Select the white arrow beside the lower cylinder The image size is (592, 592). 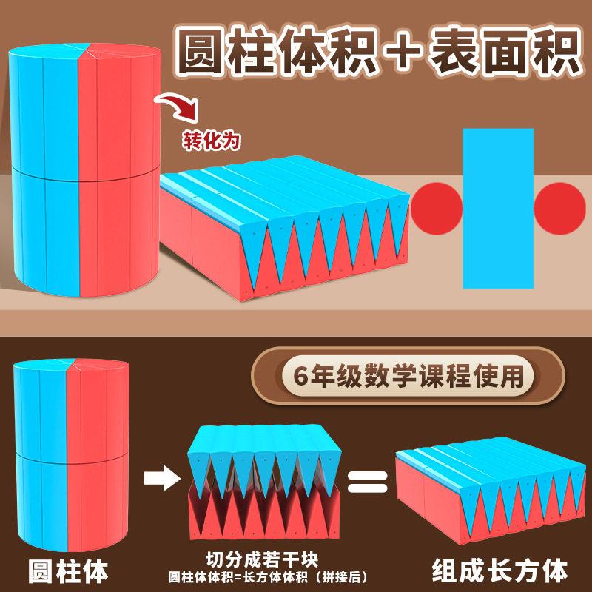161,477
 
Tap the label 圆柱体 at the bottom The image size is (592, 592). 68,571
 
